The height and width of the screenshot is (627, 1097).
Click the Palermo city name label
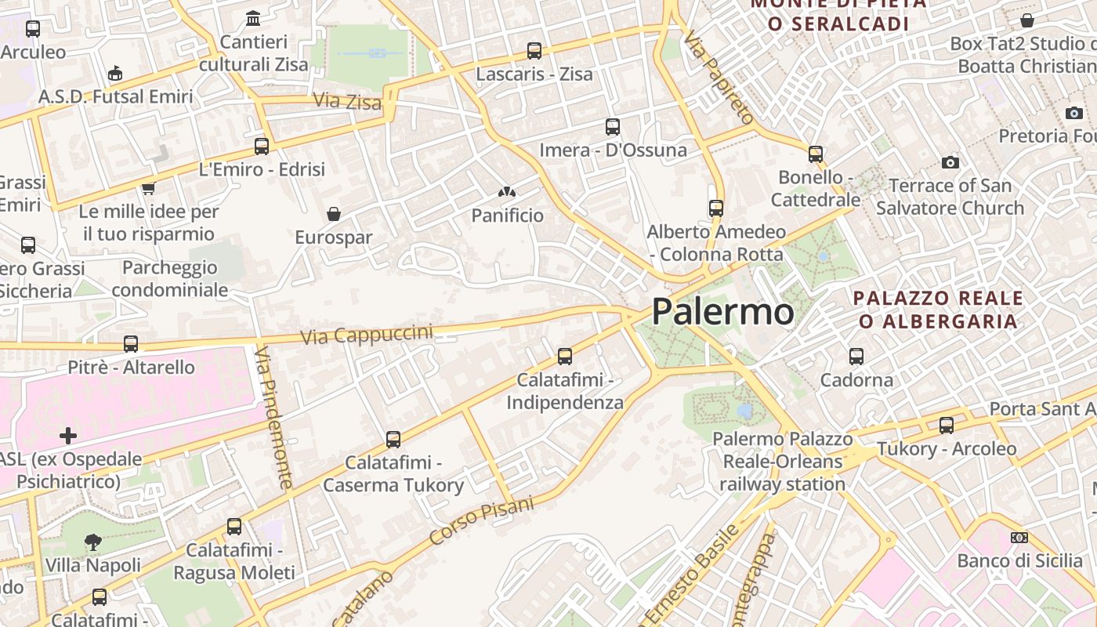[722, 312]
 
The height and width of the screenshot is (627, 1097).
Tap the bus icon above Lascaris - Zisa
[534, 51]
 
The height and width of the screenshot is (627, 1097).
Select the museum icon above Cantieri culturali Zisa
[253, 18]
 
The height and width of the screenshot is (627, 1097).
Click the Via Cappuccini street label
[367, 335]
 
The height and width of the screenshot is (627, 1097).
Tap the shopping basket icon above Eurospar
[334, 214]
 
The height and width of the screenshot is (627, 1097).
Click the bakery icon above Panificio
[507, 192]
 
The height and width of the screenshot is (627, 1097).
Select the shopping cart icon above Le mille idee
[148, 188]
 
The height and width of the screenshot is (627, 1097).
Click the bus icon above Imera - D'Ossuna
[613, 126]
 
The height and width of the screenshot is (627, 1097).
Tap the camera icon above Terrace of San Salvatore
[950, 162]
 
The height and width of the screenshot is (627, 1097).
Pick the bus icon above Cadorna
[856, 357]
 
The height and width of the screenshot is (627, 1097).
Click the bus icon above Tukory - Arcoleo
[947, 426]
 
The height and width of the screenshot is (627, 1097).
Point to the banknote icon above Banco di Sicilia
[1019, 538]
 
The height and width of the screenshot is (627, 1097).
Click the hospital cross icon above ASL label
[68, 435]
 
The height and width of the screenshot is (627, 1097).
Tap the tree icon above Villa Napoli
[92, 542]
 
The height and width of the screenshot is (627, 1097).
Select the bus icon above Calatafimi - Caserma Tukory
[393, 440]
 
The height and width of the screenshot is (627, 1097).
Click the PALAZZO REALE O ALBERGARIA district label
[938, 310]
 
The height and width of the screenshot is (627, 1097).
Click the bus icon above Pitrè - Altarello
[131, 344]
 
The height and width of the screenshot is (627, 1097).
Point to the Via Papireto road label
[719, 78]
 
